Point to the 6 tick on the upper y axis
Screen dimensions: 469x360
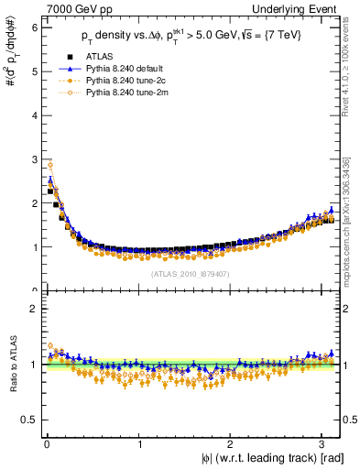33,27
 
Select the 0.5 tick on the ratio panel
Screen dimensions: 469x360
29,420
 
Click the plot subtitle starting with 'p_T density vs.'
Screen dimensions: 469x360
192,38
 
